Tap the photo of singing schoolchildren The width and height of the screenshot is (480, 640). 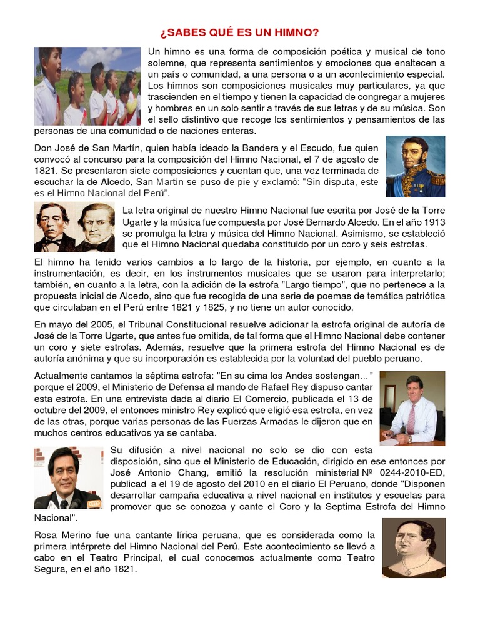[87, 86]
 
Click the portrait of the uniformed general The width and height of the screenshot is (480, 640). [415, 166]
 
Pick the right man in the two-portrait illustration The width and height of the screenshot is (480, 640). [96, 226]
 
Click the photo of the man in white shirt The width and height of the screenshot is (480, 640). [412, 408]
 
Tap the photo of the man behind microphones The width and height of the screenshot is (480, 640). [68, 478]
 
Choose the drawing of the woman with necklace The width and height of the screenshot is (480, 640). [414, 547]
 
